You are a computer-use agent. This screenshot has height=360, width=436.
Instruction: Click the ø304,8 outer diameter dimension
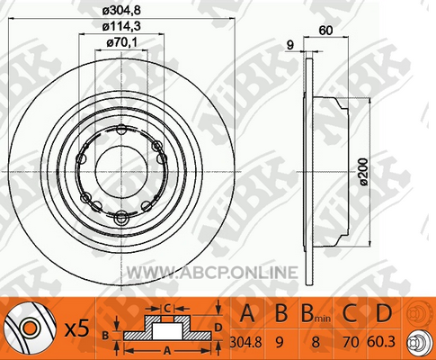(x=121, y=11)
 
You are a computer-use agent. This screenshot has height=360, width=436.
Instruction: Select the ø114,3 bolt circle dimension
(x=121, y=26)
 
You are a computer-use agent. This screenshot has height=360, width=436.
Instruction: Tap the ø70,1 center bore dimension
(x=121, y=42)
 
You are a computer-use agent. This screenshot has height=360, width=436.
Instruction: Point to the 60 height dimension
(x=325, y=31)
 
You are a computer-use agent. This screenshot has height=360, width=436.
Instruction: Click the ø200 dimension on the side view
(x=364, y=171)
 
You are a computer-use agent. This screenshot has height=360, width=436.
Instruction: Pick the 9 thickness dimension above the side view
(x=290, y=45)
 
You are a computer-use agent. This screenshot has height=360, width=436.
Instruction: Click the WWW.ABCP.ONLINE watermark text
(x=212, y=273)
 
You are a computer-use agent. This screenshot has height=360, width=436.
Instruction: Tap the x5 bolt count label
(x=77, y=328)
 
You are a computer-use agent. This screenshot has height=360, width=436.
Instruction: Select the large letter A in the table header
(x=246, y=313)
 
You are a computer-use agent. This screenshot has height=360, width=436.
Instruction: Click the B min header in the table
(x=316, y=313)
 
